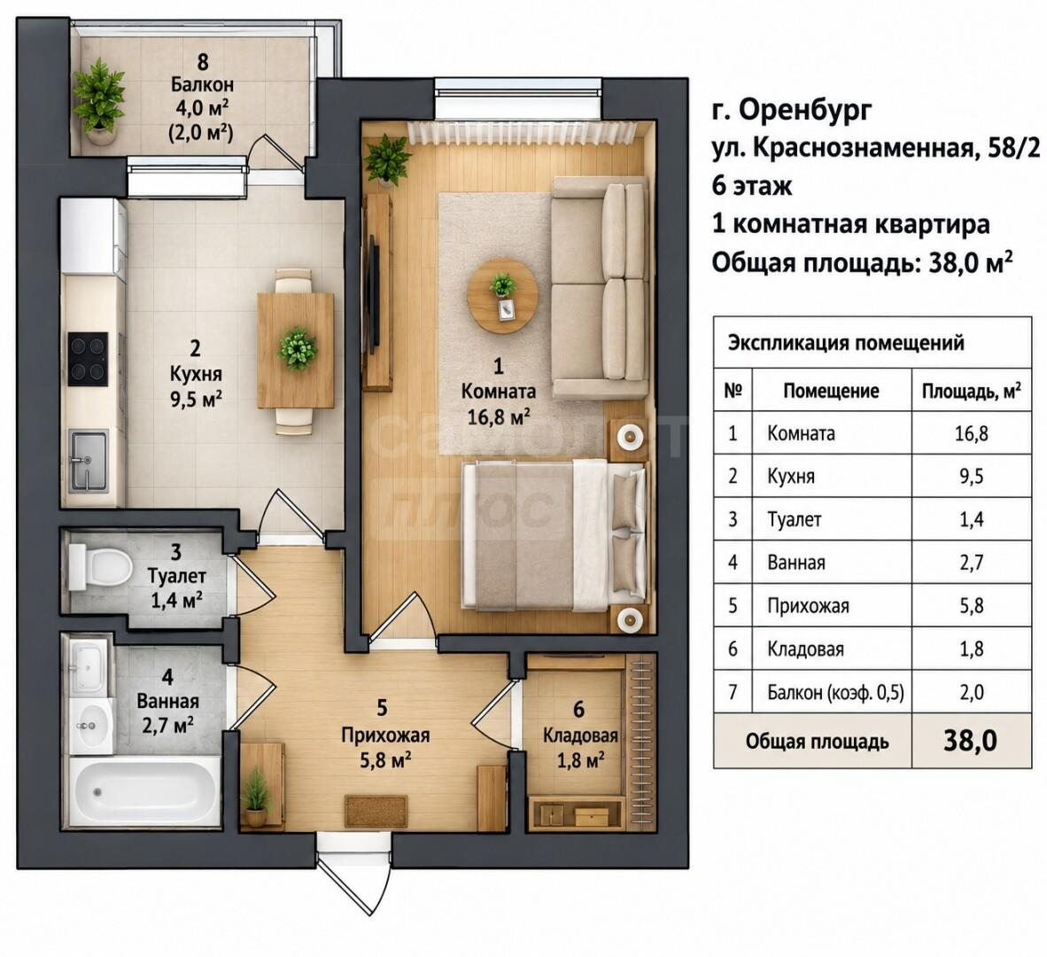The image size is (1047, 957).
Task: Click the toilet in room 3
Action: coord(99,567)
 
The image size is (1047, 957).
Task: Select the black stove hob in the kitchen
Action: coord(88,359)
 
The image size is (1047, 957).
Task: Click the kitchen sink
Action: coord(89,461)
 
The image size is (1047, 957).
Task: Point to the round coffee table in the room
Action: coord(502,295)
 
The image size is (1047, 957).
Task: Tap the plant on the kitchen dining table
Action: coord(298,348)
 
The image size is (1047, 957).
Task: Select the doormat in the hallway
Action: coord(376,811)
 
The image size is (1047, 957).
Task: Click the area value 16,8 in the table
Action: coord(971,433)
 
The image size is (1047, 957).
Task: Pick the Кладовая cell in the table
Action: coord(805,650)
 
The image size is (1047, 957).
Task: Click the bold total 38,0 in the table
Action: coord(970,741)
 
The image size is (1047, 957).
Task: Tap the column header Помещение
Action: coord(831,391)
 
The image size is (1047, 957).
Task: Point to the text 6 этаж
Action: coord(752,185)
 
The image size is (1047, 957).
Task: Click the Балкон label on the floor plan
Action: coord(202,85)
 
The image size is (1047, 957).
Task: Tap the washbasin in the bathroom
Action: coord(91,727)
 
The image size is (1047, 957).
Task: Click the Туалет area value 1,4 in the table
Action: coord(971,519)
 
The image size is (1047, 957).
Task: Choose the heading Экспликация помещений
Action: coord(846,343)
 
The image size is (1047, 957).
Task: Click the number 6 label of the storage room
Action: coord(579,709)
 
